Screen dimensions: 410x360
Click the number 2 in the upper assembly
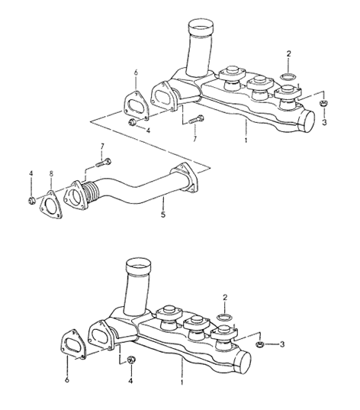click(x=289, y=53)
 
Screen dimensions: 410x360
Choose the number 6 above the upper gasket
click(x=135, y=73)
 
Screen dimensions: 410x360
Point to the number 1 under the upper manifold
click(x=246, y=140)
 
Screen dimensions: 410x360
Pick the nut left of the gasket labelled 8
click(x=31, y=201)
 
